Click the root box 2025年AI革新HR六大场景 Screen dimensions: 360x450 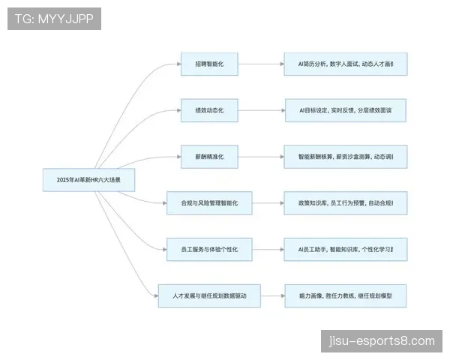click(x=89, y=180)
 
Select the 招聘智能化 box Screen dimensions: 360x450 click(x=209, y=64)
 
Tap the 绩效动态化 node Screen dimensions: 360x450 click(x=209, y=110)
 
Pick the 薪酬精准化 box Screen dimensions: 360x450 click(x=209, y=157)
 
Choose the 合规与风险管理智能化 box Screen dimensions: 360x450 click(x=209, y=202)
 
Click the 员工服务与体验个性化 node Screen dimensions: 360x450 click(x=209, y=249)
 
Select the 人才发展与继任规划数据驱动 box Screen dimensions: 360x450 click(x=209, y=295)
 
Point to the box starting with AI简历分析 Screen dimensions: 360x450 click(x=345, y=64)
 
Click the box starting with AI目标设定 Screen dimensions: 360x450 click(x=345, y=110)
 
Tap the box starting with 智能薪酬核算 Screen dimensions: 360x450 click(x=345, y=157)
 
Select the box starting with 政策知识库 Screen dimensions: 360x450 click(x=345, y=202)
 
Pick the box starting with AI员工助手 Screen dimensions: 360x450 click(x=345, y=249)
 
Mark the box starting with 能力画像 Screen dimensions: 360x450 click(x=345, y=295)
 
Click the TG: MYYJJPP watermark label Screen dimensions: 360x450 click(x=54, y=18)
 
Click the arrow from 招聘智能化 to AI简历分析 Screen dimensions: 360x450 click(x=261, y=64)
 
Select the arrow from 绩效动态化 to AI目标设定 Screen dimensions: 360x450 click(x=261, y=110)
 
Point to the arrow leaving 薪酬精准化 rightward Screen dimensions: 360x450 click(x=261, y=157)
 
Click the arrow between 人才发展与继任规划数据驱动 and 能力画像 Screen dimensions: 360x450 click(x=273, y=295)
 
